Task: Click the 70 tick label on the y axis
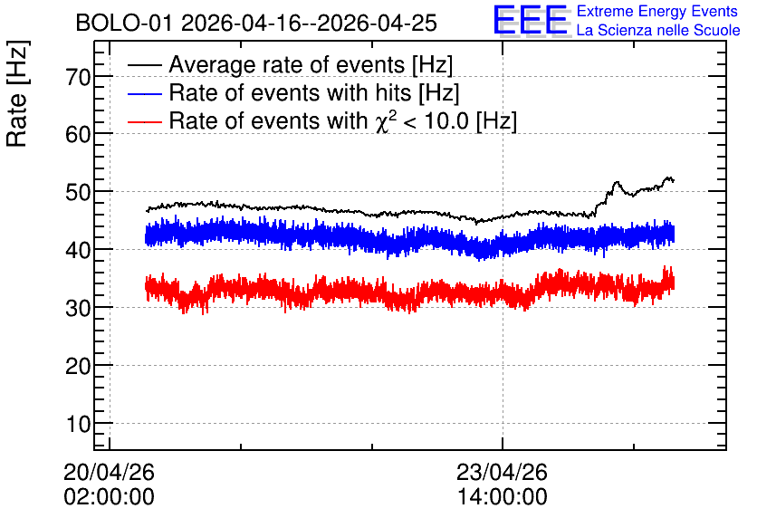click(78, 77)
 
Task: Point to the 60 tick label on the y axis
click(78, 134)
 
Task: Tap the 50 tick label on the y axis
click(78, 192)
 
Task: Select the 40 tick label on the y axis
click(78, 250)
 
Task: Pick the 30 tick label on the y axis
click(78, 308)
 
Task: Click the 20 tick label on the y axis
click(78, 367)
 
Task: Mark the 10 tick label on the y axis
click(78, 425)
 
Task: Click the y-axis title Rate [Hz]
click(17, 93)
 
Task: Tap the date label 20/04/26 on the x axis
click(109, 472)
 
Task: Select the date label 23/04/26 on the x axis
click(502, 472)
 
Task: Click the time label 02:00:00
click(109, 497)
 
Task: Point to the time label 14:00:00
click(502, 497)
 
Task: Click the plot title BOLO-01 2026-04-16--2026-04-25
click(256, 23)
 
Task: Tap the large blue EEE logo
click(531, 20)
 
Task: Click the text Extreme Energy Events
click(657, 11)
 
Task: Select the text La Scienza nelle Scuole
click(658, 30)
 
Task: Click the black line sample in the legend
click(144, 64)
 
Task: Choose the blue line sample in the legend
click(144, 93)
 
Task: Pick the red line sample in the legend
click(144, 121)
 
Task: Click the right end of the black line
click(674, 181)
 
